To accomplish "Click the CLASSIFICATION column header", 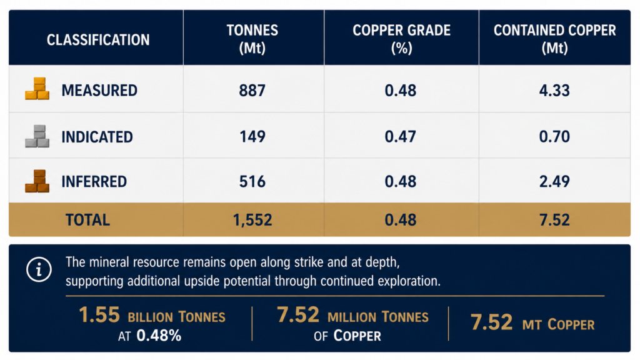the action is pyautogui.click(x=98, y=40).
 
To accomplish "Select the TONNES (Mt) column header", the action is pyautogui.click(x=252, y=39).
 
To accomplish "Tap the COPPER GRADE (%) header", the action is pyautogui.click(x=401, y=39).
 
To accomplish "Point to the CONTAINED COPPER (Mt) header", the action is pyautogui.click(x=554, y=39).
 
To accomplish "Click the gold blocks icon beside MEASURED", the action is pyautogui.click(x=37, y=89).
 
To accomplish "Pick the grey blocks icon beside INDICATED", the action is pyautogui.click(x=37, y=136).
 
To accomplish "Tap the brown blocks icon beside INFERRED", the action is pyautogui.click(x=37, y=181).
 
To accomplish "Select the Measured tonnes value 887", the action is pyautogui.click(x=252, y=90).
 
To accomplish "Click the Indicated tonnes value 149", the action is pyautogui.click(x=252, y=136).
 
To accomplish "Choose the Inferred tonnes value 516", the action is pyautogui.click(x=252, y=181).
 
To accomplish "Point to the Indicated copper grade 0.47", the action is pyautogui.click(x=401, y=136).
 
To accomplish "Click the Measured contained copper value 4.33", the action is pyautogui.click(x=554, y=90).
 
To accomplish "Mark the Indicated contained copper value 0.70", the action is pyautogui.click(x=554, y=136).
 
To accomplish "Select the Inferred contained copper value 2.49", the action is pyautogui.click(x=554, y=181).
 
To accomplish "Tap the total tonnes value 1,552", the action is pyautogui.click(x=252, y=220).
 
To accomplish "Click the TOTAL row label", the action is pyautogui.click(x=87, y=220).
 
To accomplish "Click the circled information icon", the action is pyautogui.click(x=39, y=269).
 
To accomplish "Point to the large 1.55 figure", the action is pyautogui.click(x=99, y=315).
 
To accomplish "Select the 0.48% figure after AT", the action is pyautogui.click(x=159, y=336).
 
